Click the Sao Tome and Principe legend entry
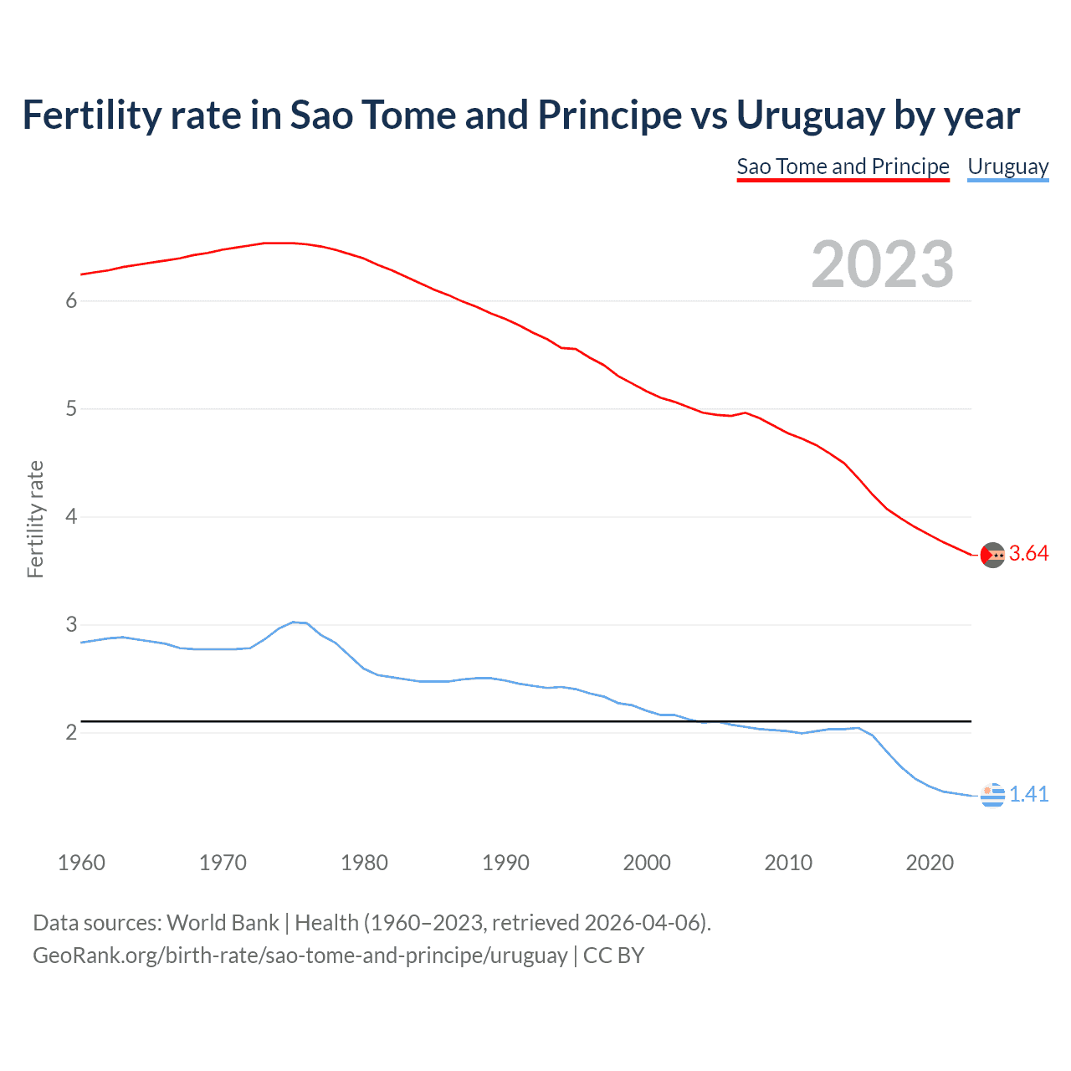[843, 167]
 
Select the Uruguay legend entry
[1007, 167]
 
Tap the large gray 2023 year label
[883, 264]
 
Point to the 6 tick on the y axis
[71, 301]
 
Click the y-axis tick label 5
[71, 409]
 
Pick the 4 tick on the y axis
[71, 517]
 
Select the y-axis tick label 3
[71, 625]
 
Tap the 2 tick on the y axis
[71, 733]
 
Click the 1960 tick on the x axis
[81, 863]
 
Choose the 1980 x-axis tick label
[364, 863]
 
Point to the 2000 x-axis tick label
[647, 863]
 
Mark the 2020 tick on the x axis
[930, 863]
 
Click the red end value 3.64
[1028, 554]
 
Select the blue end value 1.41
[1028, 795]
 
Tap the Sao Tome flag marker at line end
[992, 555]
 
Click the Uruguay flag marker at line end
[992, 796]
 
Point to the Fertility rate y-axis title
[35, 519]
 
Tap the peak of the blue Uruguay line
[294, 622]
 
